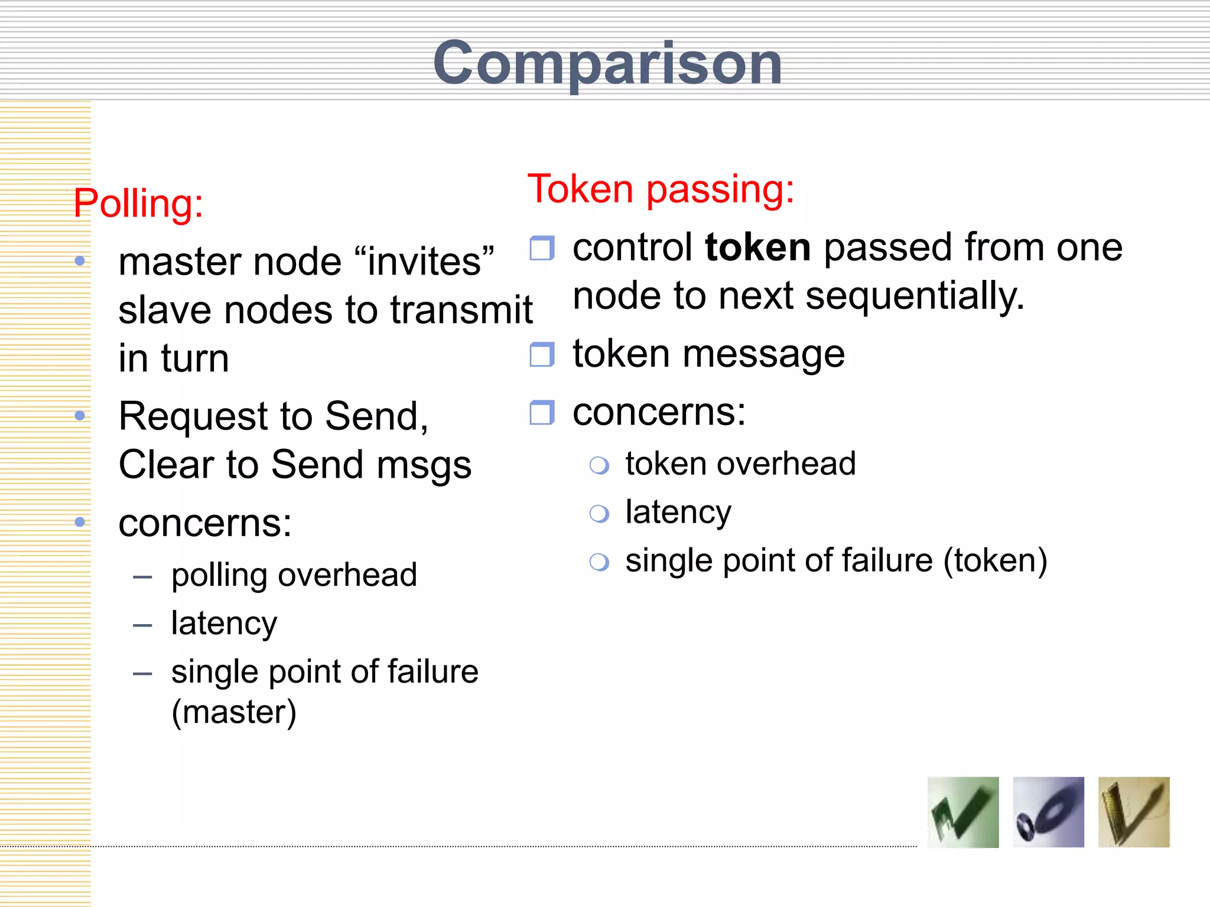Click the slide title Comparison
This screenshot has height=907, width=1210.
point(607,64)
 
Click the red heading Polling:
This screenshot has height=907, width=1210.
point(138,204)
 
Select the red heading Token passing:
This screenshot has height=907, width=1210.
point(661,190)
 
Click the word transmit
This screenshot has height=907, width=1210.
point(461,310)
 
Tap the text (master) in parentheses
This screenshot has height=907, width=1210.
point(234,712)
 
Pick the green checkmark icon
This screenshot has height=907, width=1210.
point(962,813)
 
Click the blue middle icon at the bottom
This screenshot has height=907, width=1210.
point(1048,813)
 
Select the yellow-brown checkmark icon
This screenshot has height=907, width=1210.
point(1133,813)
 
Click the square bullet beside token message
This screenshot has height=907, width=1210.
point(541,354)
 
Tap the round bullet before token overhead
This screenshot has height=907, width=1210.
point(599,465)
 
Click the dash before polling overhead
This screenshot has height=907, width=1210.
point(142,576)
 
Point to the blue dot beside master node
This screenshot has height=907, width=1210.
point(80,261)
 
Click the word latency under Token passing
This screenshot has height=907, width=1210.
point(678,512)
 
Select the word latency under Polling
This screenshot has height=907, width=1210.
point(224,624)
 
